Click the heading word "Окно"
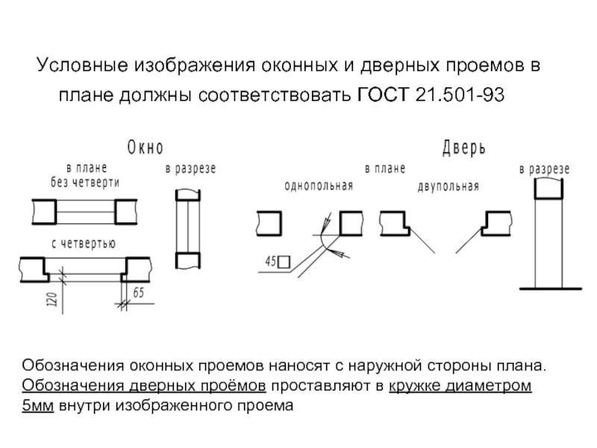point(146,147)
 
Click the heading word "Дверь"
point(463,148)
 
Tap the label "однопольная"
point(319,186)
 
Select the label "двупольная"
point(448,186)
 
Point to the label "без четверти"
point(85,182)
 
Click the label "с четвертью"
point(84,243)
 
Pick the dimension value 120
point(53,299)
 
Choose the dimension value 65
point(139,293)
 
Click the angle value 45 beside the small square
point(271,262)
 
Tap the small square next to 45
point(284,262)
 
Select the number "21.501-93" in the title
point(460,95)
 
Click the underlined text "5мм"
point(38,405)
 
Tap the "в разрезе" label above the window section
point(191,169)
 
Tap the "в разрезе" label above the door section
point(545,169)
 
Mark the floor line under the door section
point(551,289)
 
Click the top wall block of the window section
point(188,195)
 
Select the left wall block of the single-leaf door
point(269,223)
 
